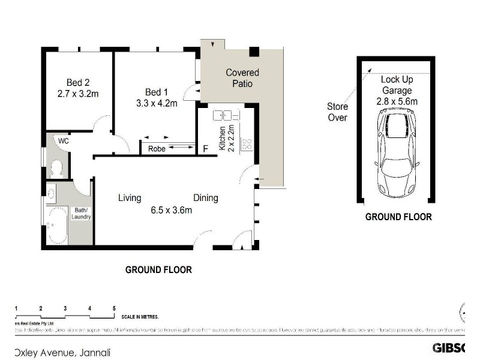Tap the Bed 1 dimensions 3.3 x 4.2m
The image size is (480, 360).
[x=157, y=103]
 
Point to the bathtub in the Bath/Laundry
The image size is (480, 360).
[x=58, y=225]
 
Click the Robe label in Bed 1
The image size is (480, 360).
[x=157, y=147]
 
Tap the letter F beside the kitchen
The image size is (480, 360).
[x=206, y=149]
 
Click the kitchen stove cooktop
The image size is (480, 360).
[x=246, y=143]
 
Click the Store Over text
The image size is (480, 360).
[x=337, y=112]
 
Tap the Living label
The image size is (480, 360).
[x=130, y=198]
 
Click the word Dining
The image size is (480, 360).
[x=205, y=198]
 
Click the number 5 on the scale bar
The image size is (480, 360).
[x=114, y=308]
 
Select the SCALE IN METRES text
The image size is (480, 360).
[x=144, y=317]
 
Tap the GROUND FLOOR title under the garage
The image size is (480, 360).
[x=398, y=217]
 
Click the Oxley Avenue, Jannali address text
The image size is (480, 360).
[x=63, y=353]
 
